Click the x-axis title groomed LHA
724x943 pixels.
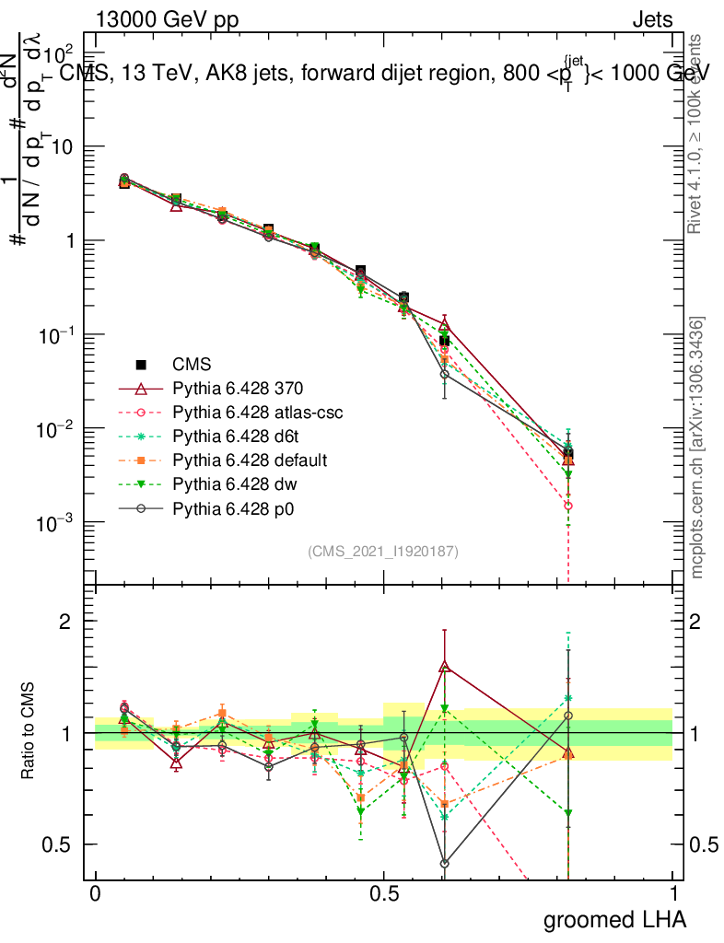tap(615, 919)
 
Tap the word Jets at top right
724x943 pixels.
tap(652, 20)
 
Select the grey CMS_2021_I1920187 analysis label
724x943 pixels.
tap(383, 551)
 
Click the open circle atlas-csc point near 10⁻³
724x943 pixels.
tap(568, 506)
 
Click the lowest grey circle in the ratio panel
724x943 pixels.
tap(444, 864)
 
